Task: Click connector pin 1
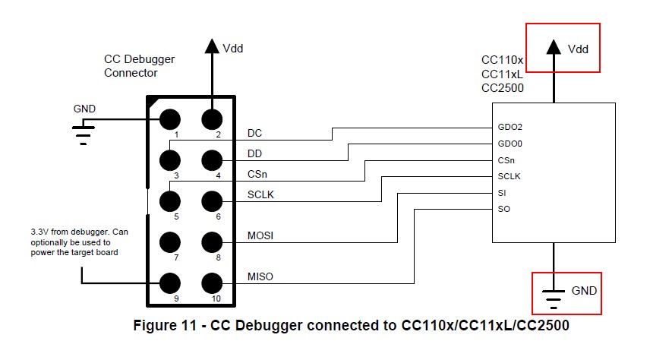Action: click(x=169, y=119)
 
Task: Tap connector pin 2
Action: click(x=212, y=119)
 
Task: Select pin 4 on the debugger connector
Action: click(x=212, y=160)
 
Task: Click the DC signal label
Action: click(x=256, y=133)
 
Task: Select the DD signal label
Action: click(x=256, y=153)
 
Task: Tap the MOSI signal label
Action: click(x=260, y=236)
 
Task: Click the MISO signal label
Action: click(x=260, y=277)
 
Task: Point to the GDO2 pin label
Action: click(x=510, y=128)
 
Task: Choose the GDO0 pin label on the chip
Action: click(x=510, y=144)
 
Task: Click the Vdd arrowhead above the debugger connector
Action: click(x=212, y=46)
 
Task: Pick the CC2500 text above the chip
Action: click(x=503, y=87)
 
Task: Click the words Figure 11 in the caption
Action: click(x=168, y=326)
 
